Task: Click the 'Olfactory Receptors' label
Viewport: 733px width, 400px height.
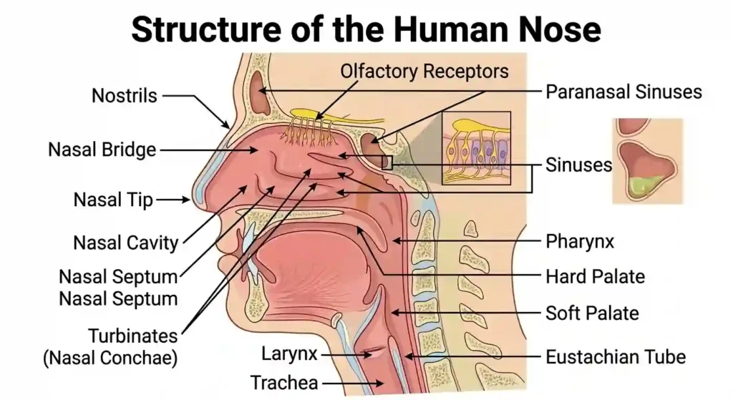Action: pyautogui.click(x=424, y=72)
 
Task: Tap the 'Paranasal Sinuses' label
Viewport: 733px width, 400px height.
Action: pyautogui.click(x=623, y=92)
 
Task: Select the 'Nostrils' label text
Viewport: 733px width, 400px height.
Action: pyautogui.click(x=125, y=95)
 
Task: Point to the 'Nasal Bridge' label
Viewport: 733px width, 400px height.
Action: pyautogui.click(x=102, y=150)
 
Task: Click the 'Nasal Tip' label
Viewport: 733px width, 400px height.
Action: pyautogui.click(x=113, y=200)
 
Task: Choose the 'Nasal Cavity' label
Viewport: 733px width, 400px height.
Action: pyautogui.click(x=126, y=243)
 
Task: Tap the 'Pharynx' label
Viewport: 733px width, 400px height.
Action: pyautogui.click(x=580, y=241)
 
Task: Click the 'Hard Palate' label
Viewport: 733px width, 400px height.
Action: pyautogui.click(x=595, y=276)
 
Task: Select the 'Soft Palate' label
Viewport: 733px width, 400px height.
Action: pyautogui.click(x=592, y=313)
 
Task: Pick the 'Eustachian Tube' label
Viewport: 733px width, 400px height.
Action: pyautogui.click(x=616, y=356)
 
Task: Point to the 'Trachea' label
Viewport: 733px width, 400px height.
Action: pyautogui.click(x=284, y=383)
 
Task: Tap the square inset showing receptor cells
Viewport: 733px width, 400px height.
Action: pyautogui.click(x=475, y=147)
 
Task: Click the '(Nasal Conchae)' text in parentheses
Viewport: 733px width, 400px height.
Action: pyautogui.click(x=111, y=357)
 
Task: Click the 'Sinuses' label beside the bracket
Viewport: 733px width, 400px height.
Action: pyautogui.click(x=579, y=165)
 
